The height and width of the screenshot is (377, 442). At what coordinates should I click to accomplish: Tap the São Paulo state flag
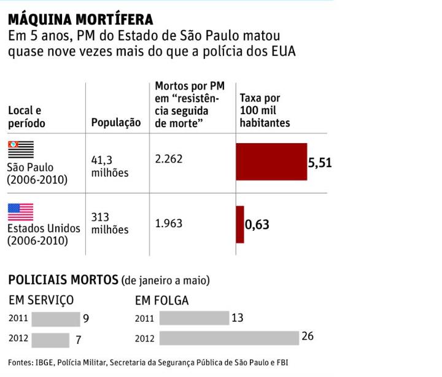[20, 150]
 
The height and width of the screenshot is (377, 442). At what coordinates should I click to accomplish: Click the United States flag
[20, 212]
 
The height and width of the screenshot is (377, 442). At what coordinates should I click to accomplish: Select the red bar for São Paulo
[271, 162]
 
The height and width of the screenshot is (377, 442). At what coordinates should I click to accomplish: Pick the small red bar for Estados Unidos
[240, 224]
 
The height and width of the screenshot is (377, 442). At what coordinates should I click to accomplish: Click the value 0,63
[257, 225]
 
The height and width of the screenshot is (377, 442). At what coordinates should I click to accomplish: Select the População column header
[116, 123]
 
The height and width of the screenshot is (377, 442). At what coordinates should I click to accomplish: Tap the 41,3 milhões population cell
[110, 166]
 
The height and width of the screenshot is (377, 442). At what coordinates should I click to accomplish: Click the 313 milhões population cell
[110, 223]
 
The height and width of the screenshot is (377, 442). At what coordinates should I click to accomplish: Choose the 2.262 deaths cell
[169, 159]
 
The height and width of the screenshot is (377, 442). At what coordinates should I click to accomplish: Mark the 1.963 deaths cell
[169, 223]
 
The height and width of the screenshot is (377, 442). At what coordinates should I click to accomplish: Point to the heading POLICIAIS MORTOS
[63, 280]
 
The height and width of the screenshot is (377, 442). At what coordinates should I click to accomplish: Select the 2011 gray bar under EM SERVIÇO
[55, 319]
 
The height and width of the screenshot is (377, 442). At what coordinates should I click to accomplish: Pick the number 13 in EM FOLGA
[238, 317]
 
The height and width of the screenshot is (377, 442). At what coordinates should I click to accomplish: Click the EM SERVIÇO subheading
[41, 300]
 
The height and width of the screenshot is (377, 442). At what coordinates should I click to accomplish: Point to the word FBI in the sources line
[281, 362]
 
